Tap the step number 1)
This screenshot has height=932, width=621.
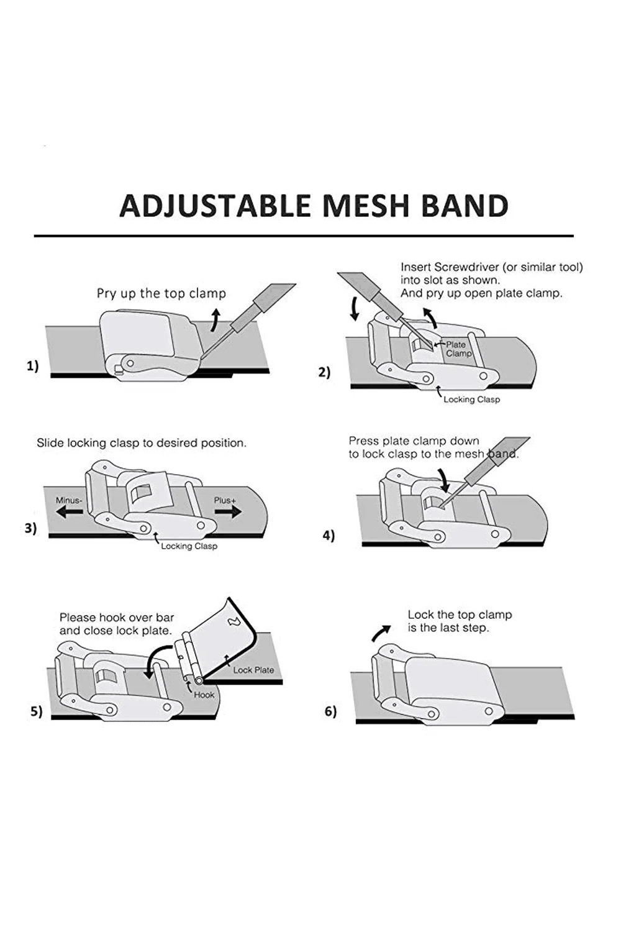point(32,366)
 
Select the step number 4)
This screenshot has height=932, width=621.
point(329,535)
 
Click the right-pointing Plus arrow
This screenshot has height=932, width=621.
point(228,511)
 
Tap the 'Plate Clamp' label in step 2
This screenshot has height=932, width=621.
point(458,349)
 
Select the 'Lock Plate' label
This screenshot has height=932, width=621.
point(253,670)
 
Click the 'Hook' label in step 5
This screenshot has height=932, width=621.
point(204,695)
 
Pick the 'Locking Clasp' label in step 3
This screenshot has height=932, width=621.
point(189,546)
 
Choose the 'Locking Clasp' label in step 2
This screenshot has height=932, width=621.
point(471,400)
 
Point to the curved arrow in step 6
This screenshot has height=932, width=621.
point(381,633)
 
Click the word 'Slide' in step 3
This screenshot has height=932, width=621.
point(50,443)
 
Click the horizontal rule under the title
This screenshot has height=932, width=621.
point(304,236)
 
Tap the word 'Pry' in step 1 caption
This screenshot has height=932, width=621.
point(106,293)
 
